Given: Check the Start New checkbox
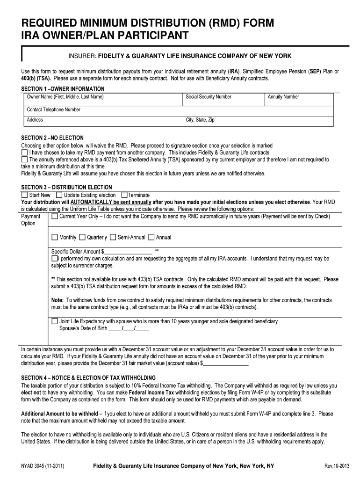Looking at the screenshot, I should coord(25,195).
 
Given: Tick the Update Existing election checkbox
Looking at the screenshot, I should coord(59,195).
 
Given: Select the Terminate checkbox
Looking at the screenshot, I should coord(124,195).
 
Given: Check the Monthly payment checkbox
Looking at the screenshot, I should coord(55,237).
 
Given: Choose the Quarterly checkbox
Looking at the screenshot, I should coord(82,237).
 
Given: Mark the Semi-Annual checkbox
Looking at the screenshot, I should coord(113,237).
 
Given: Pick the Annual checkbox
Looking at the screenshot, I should coord(151,237).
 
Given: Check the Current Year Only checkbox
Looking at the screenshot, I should coord(55,217).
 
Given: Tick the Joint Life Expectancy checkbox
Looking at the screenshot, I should coord(55,321).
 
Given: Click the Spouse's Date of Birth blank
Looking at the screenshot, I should coord(129,328).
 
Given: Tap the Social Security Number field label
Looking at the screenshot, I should coord(208,97).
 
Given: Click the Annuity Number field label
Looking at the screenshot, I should coord(283,97).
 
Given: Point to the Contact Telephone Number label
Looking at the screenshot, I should coord(53,109).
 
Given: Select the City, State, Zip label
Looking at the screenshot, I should coord(200,120).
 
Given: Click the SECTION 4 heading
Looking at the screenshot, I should coord(89,377).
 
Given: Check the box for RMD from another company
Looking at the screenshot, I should coord(25,153).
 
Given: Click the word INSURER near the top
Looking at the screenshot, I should coord(82,56).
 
